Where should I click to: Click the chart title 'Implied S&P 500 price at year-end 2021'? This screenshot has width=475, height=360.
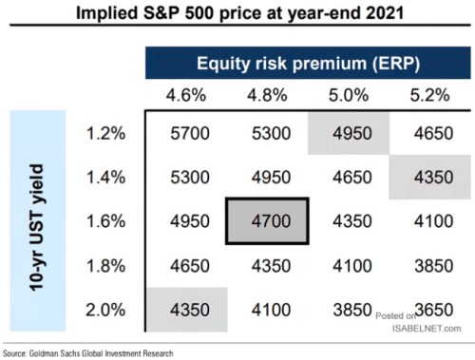[x=237, y=15]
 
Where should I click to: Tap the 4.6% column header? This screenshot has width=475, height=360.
[x=187, y=96]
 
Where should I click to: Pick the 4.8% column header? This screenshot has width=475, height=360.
[x=265, y=96]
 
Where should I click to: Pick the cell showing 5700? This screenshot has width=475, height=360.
[x=187, y=135]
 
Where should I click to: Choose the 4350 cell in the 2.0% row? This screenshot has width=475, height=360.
[x=187, y=309]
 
